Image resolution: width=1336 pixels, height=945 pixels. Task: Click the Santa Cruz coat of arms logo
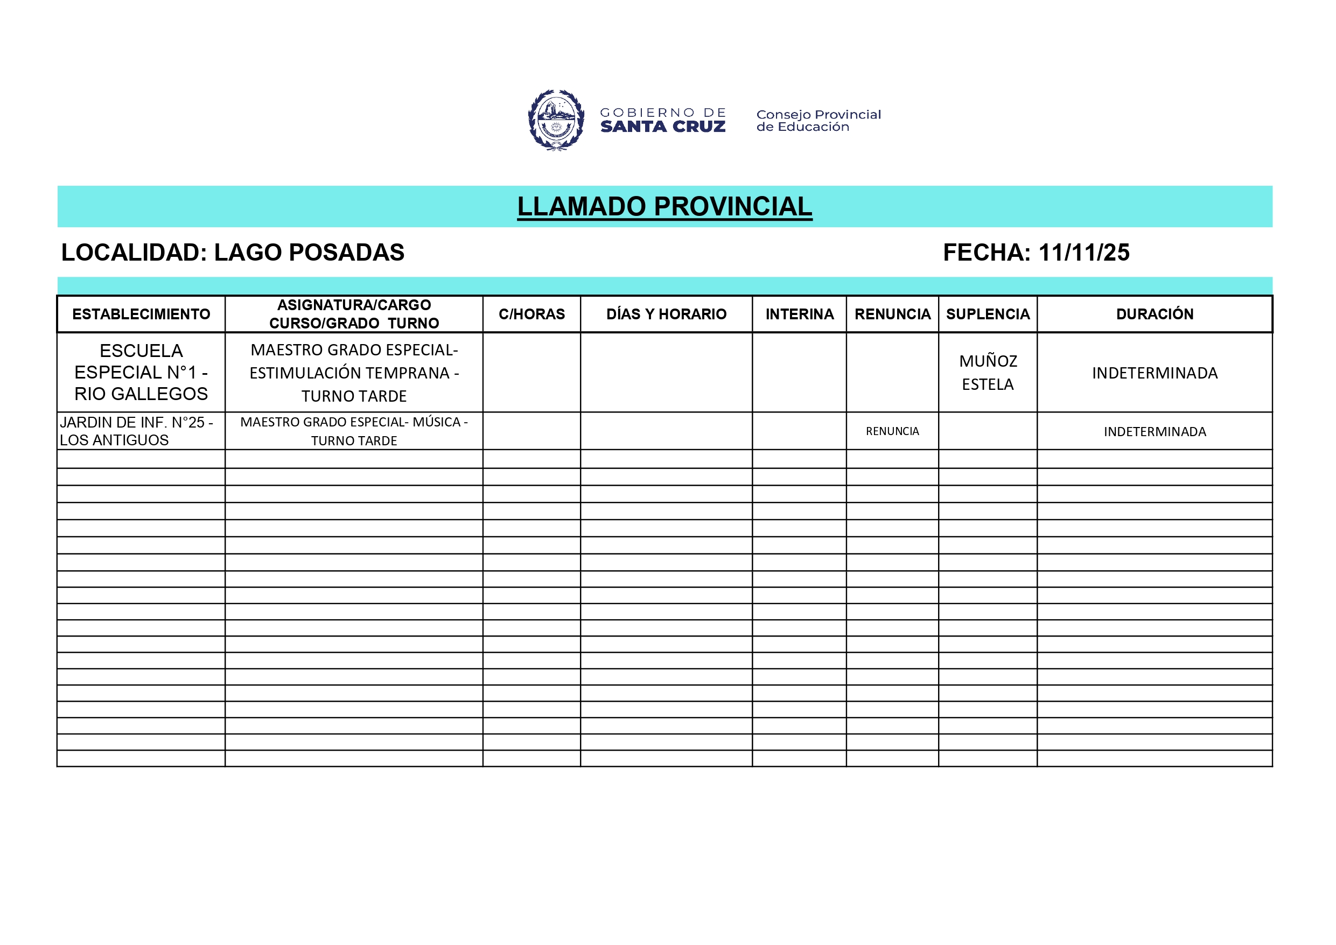pyautogui.click(x=556, y=121)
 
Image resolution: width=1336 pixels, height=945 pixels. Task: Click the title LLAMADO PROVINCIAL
pyautogui.click(x=664, y=207)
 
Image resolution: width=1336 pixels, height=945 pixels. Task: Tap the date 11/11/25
pyautogui.click(x=1083, y=253)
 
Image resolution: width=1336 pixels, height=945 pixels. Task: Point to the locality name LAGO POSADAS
pyautogui.click(x=309, y=253)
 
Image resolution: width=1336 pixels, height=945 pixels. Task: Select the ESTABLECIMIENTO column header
pyautogui.click(x=141, y=314)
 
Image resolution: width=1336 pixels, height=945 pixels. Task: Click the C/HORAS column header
pyautogui.click(x=531, y=314)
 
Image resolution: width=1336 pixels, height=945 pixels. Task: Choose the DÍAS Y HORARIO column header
pyautogui.click(x=666, y=314)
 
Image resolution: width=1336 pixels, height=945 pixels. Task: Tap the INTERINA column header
pyautogui.click(x=800, y=314)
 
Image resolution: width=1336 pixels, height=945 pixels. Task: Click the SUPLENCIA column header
pyautogui.click(x=988, y=314)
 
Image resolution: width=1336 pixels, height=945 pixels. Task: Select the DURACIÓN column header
pyautogui.click(x=1155, y=314)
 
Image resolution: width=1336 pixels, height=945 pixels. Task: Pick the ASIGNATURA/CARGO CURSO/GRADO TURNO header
pyautogui.click(x=354, y=314)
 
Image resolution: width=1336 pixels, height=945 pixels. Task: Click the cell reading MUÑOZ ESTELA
pyautogui.click(x=988, y=373)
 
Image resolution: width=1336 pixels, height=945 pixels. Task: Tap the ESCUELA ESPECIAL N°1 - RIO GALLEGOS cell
pyautogui.click(x=141, y=373)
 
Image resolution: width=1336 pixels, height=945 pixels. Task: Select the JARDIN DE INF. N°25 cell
pyautogui.click(x=136, y=431)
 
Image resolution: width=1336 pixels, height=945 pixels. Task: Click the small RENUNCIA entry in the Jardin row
pyautogui.click(x=892, y=431)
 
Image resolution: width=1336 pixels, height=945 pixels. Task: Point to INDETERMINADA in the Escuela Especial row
pyautogui.click(x=1155, y=373)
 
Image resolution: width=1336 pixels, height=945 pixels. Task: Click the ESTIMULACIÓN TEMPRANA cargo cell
pyautogui.click(x=354, y=373)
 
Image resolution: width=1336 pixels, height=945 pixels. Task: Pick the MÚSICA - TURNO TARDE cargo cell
pyautogui.click(x=354, y=431)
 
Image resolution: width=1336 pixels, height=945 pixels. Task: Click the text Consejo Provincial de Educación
pyautogui.click(x=818, y=121)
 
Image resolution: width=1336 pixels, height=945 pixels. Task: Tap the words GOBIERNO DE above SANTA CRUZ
pyautogui.click(x=663, y=113)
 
